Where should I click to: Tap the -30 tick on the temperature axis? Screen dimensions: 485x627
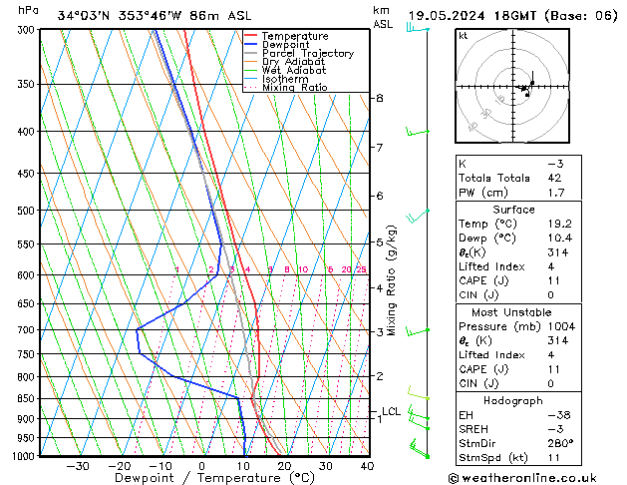pyautogui.click(x=77, y=466)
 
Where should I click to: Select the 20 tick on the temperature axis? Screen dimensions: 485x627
pyautogui.click(x=284, y=466)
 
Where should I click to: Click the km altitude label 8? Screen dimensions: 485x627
pyautogui.click(x=380, y=98)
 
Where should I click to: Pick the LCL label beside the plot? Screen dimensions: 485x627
pyautogui.click(x=391, y=411)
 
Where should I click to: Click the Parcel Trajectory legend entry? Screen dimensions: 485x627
pyautogui.click(x=307, y=54)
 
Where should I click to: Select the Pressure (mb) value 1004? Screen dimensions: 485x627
pyautogui.click(x=561, y=326)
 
